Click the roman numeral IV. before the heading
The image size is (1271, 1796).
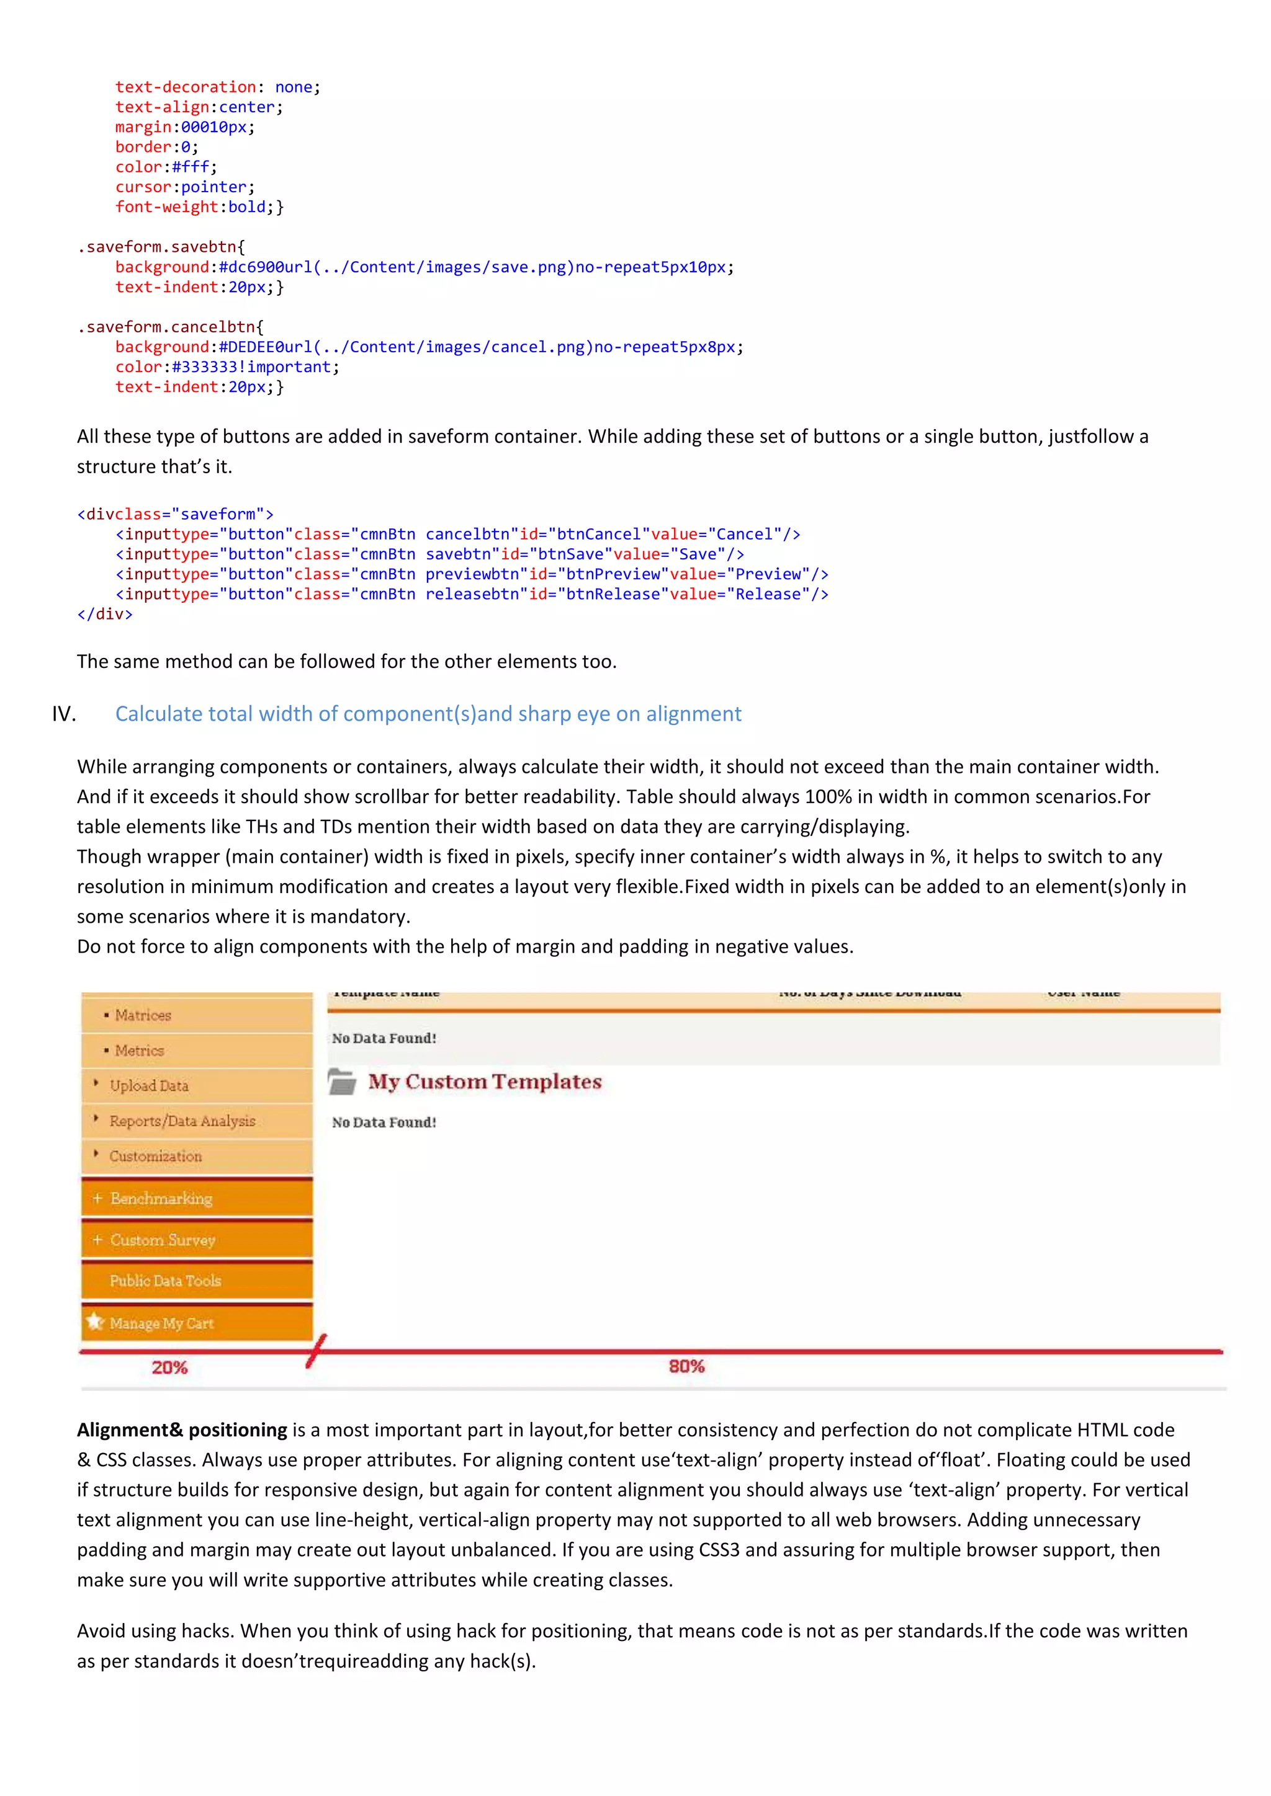[64, 714]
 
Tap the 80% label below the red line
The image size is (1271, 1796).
[686, 1366]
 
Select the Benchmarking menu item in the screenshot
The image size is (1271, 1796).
[161, 1198]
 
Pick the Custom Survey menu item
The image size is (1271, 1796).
[163, 1240]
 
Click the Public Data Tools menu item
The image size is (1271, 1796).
[165, 1281]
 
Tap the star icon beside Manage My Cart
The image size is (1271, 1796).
[96, 1322]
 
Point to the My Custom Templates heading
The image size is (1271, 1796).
[485, 1082]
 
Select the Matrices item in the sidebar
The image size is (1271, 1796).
[143, 1015]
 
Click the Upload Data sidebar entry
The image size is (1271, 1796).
[149, 1086]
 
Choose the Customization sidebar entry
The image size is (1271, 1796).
[155, 1156]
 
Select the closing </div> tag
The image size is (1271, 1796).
[105, 614]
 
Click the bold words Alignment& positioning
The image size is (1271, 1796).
[182, 1430]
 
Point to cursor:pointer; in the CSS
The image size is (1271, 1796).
[185, 187]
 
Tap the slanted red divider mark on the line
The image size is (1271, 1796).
[316, 1351]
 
